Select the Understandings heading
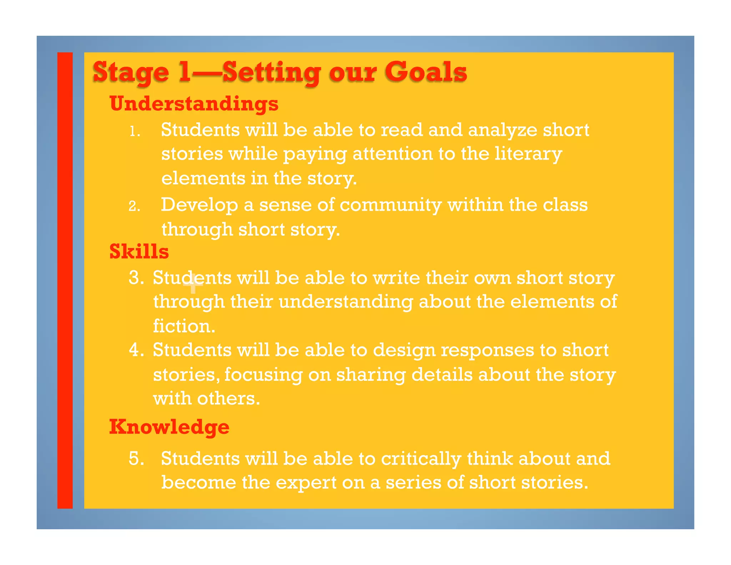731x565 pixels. [x=194, y=104]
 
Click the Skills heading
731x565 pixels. [x=139, y=251]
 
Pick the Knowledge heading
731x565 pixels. [x=169, y=427]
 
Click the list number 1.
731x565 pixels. [x=134, y=132]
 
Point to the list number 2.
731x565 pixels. [x=134, y=206]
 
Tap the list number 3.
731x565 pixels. [x=136, y=278]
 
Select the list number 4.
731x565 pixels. [x=136, y=350]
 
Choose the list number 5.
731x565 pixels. [x=136, y=459]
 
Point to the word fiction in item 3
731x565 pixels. [x=184, y=326]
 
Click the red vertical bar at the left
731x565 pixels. [x=65, y=280]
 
